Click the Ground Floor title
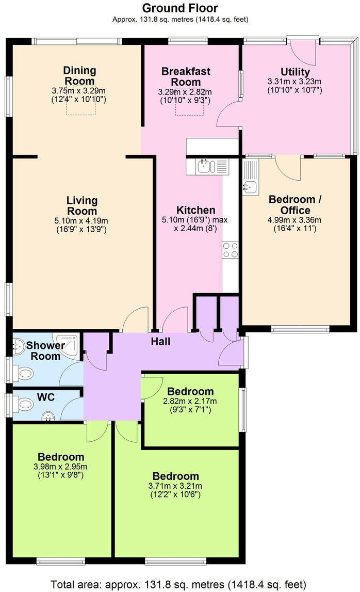point(180,8)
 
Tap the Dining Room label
point(79,75)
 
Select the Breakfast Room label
point(186,76)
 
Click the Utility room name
point(295,72)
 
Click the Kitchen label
point(195,210)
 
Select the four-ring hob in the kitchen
point(230,250)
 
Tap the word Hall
point(160,341)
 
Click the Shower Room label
point(45,350)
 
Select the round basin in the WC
point(48,414)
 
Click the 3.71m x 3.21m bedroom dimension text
point(175,486)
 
